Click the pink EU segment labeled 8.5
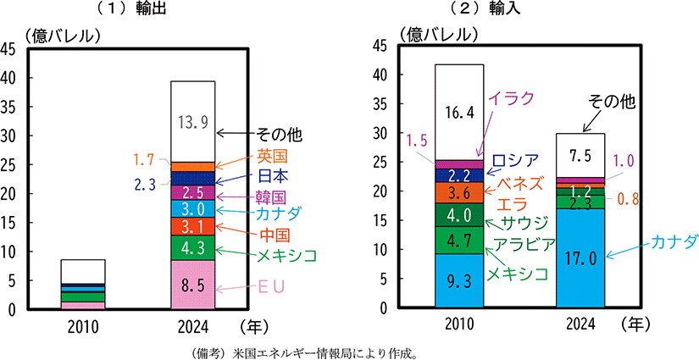pos(192,285)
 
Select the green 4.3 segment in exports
pos(192,248)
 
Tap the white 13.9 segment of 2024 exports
pos(192,121)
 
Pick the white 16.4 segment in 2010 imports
pos(458,112)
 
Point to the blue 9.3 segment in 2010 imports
pos(458,282)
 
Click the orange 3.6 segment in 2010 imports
pos(458,192)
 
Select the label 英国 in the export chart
pos(271,157)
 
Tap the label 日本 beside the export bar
pos(271,176)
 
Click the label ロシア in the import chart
pos(515,160)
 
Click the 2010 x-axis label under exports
pos(82,325)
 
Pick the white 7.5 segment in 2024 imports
pos(580,155)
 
